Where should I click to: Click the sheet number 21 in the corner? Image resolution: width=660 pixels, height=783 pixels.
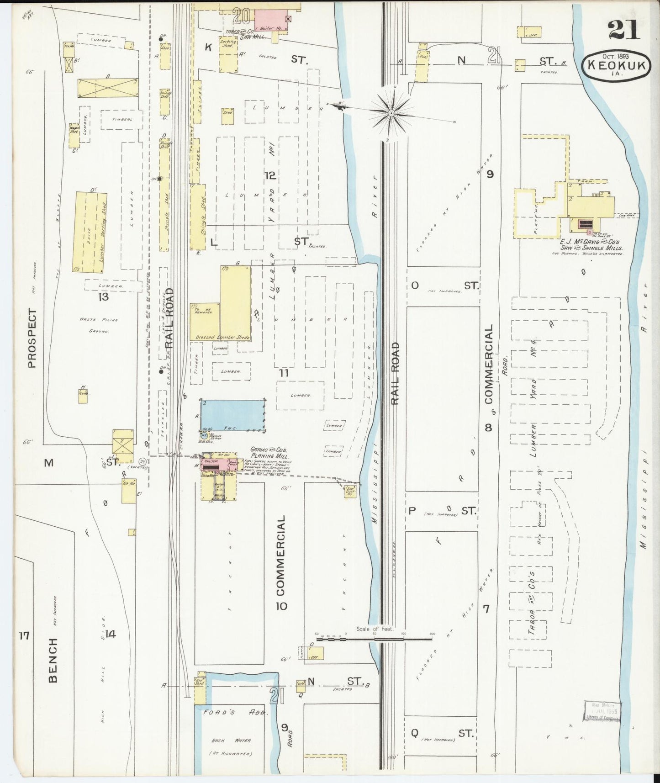click(x=624, y=31)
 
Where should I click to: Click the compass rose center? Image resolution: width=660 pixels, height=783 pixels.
click(x=391, y=112)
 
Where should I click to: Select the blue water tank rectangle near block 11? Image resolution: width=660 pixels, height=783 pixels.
click(x=233, y=415)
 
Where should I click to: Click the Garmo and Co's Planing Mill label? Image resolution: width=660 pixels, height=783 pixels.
click(x=269, y=452)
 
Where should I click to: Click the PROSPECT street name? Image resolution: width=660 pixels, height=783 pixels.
click(x=32, y=338)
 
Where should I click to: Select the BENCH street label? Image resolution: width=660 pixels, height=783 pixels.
click(x=53, y=661)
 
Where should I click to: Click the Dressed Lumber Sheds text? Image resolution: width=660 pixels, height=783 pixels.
click(x=222, y=337)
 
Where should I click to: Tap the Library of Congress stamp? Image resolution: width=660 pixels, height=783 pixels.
click(x=602, y=712)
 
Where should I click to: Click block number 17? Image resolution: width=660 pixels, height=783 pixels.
click(x=24, y=635)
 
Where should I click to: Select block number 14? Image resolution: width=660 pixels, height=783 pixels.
click(x=110, y=634)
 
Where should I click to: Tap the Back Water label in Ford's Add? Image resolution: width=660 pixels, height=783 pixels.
click(x=231, y=741)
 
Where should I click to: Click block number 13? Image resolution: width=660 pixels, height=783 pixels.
click(x=103, y=297)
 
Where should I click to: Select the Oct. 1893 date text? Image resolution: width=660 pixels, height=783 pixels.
click(x=615, y=56)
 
